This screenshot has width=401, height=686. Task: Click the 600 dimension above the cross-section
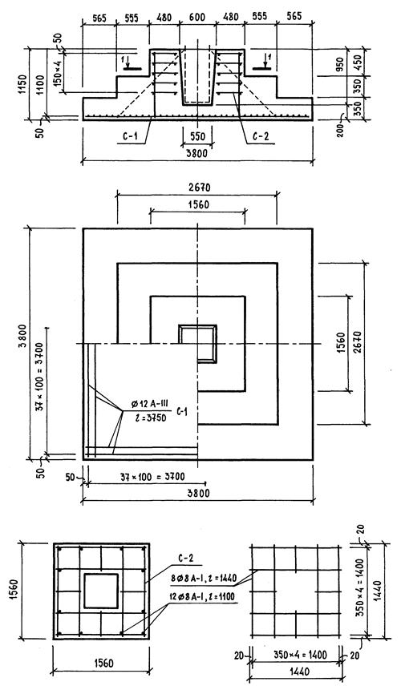pos(197,17)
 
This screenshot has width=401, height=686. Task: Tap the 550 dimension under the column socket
pos(197,137)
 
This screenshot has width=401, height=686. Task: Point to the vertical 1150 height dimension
pos(22,84)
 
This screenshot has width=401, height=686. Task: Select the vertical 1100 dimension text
pos(41,84)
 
